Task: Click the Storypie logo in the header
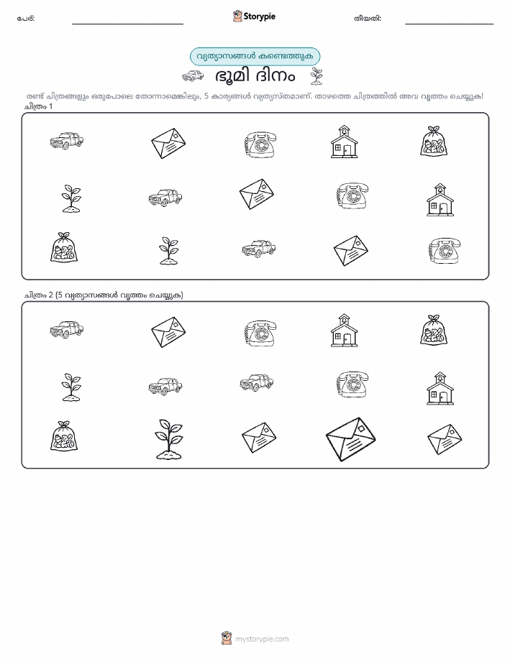pyautogui.click(x=254, y=17)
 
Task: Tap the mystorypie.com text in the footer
pyautogui.click(x=262, y=639)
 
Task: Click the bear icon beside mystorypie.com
pyautogui.click(x=227, y=638)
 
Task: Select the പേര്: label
pyautogui.click(x=26, y=19)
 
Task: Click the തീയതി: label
pyautogui.click(x=368, y=19)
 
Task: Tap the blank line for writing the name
pyautogui.click(x=127, y=24)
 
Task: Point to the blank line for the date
pyautogui.click(x=449, y=24)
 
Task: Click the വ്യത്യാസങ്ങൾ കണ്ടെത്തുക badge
pyautogui.click(x=255, y=56)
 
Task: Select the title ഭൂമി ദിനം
pyautogui.click(x=255, y=76)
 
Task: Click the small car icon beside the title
pyautogui.click(x=193, y=76)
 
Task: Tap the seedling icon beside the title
pyautogui.click(x=317, y=76)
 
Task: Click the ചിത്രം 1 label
pyautogui.click(x=38, y=106)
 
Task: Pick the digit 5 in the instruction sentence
pyautogui.click(x=206, y=96)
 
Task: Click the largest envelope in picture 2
pyautogui.click(x=350, y=439)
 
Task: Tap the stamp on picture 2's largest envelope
pyautogui.click(x=361, y=428)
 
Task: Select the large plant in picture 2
pyautogui.click(x=169, y=439)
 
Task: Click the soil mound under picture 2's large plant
pyautogui.click(x=169, y=454)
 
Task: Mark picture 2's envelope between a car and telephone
pyautogui.click(x=168, y=332)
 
